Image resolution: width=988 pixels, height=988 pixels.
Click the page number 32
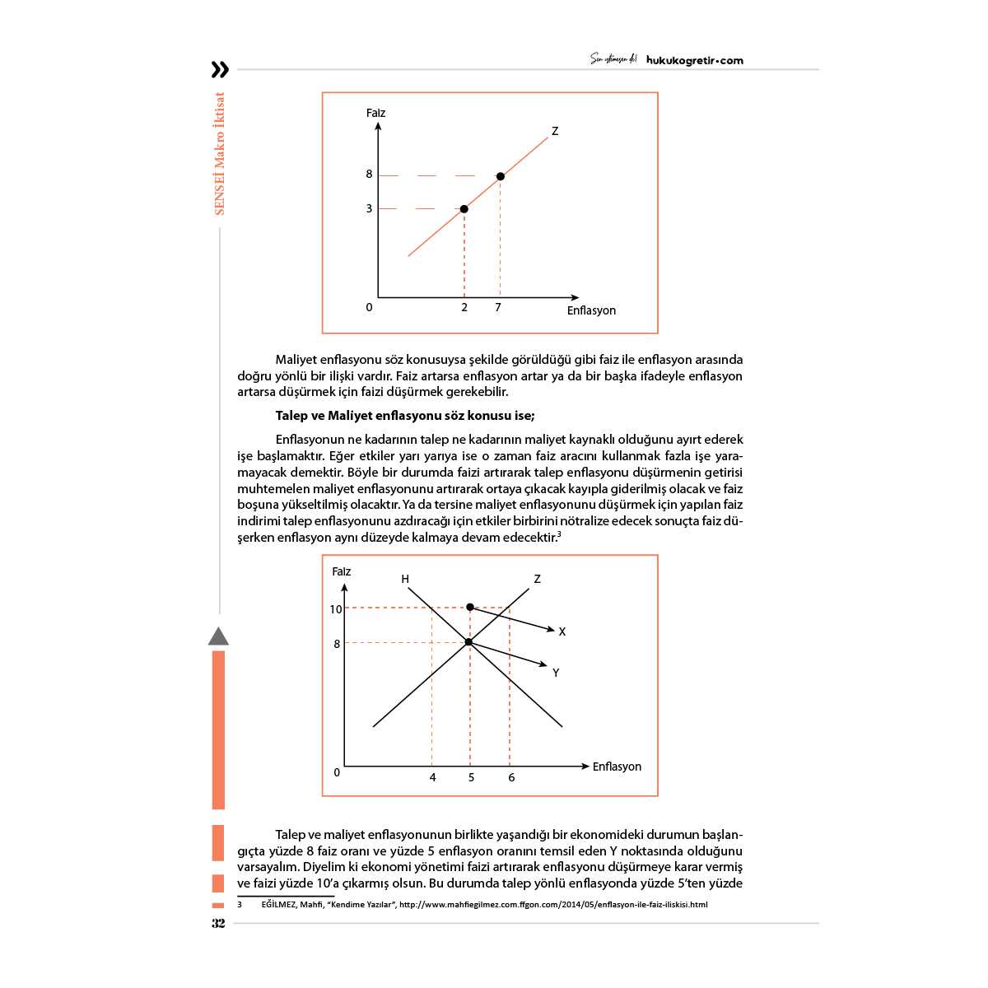(218, 923)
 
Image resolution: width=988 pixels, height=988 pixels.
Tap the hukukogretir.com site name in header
(695, 60)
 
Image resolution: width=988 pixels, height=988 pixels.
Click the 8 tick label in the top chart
(369, 175)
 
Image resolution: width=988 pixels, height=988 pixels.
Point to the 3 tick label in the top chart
(369, 209)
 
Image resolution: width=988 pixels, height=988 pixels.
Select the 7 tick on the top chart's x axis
(498, 307)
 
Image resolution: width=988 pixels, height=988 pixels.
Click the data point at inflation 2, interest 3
(464, 209)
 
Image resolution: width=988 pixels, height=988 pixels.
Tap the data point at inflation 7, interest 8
(500, 176)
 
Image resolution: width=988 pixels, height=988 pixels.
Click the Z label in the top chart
(555, 131)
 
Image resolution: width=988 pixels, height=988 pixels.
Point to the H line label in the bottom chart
(405, 580)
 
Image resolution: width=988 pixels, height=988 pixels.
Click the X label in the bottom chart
(562, 632)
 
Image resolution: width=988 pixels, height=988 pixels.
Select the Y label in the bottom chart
(556, 673)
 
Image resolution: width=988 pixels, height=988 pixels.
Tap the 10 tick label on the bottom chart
(335, 610)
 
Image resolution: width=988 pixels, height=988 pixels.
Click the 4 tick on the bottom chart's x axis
(433, 777)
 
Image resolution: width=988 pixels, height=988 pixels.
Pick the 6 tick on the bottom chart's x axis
(511, 777)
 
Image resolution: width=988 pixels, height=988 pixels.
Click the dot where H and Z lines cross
(468, 642)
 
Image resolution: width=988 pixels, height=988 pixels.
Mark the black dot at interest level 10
(470, 607)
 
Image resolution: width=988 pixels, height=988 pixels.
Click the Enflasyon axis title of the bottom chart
(617, 767)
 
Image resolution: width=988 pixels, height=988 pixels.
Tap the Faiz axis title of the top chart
(375, 113)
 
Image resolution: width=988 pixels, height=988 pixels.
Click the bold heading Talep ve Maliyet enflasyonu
(405, 416)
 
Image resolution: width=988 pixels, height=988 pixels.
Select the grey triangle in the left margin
(218, 636)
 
